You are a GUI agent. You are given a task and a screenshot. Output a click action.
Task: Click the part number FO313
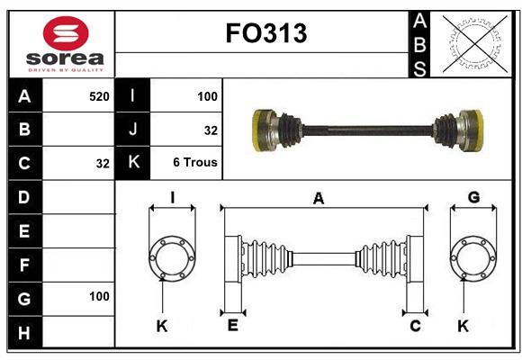[266, 33]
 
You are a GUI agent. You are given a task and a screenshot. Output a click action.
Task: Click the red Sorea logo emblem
[66, 33]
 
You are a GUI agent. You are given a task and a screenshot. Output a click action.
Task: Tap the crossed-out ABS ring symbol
[475, 44]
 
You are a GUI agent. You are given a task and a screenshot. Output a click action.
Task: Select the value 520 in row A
[99, 96]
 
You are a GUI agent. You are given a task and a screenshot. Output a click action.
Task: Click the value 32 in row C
[103, 164]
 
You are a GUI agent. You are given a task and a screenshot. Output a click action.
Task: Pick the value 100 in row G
[99, 296]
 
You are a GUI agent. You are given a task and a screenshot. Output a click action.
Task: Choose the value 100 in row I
[207, 96]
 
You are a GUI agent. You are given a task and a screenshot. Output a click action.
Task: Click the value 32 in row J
[211, 130]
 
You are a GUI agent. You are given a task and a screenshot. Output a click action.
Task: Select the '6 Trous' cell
[195, 162]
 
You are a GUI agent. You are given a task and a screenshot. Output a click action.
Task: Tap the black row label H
[24, 332]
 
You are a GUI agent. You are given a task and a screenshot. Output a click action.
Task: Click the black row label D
[24, 197]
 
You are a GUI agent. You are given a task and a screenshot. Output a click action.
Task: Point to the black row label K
[133, 162]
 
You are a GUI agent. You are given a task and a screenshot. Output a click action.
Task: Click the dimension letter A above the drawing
[319, 198]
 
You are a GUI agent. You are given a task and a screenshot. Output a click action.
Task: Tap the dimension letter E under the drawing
[233, 325]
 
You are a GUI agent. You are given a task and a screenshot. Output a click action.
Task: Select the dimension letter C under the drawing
[415, 326]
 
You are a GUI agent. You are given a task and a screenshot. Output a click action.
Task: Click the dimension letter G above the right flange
[473, 197]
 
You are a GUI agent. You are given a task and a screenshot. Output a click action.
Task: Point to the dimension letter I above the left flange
[173, 197]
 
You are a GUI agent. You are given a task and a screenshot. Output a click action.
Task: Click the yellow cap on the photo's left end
[257, 130]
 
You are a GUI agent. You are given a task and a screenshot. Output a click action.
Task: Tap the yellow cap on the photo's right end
[478, 130]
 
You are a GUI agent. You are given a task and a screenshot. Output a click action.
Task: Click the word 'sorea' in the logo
[65, 58]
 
